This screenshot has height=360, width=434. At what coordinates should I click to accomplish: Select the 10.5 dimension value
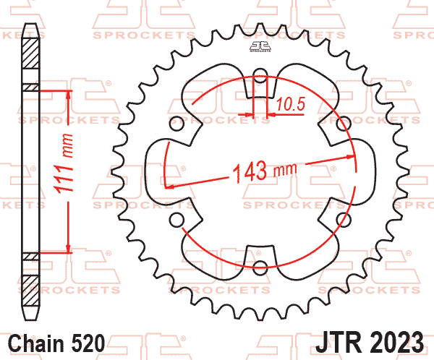(289, 106)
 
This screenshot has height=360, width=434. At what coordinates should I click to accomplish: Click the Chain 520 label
(58, 341)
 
